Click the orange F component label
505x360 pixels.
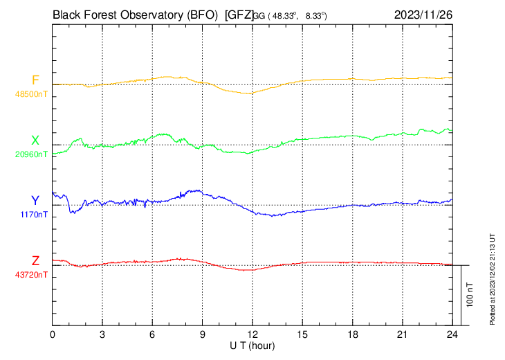coord(35,80)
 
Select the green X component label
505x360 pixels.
coord(35,141)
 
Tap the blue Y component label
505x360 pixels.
coord(35,201)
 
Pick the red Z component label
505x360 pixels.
coord(35,261)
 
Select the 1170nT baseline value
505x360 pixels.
coord(35,215)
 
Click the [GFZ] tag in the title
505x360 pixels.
coord(239,14)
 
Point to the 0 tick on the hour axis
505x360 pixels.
coord(53,334)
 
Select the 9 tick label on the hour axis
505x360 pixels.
coord(203,334)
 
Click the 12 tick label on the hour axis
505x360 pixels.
coord(252,334)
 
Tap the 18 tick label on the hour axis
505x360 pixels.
coord(352,334)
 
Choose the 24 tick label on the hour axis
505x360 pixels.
coord(452,334)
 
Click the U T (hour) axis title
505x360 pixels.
coord(253,345)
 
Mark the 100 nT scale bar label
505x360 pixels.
coord(470,294)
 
